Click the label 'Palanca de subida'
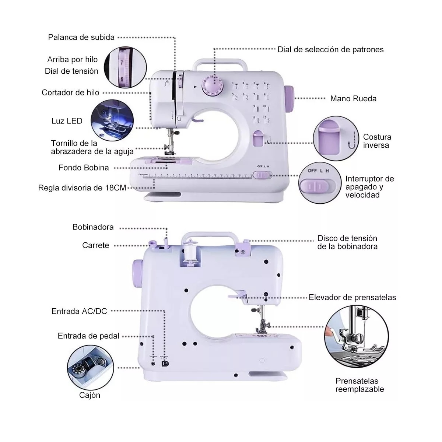[81, 37]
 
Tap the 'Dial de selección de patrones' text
[330, 49]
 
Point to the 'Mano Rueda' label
[353, 98]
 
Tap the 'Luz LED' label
[67, 121]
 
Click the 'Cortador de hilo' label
[70, 92]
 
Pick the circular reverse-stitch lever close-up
[330, 137]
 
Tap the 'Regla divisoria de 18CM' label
[82, 188]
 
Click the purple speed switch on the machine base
[262, 175]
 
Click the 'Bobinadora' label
[93, 227]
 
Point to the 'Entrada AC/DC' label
[79, 311]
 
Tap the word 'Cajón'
[90, 395]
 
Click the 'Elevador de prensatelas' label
[352, 297]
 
